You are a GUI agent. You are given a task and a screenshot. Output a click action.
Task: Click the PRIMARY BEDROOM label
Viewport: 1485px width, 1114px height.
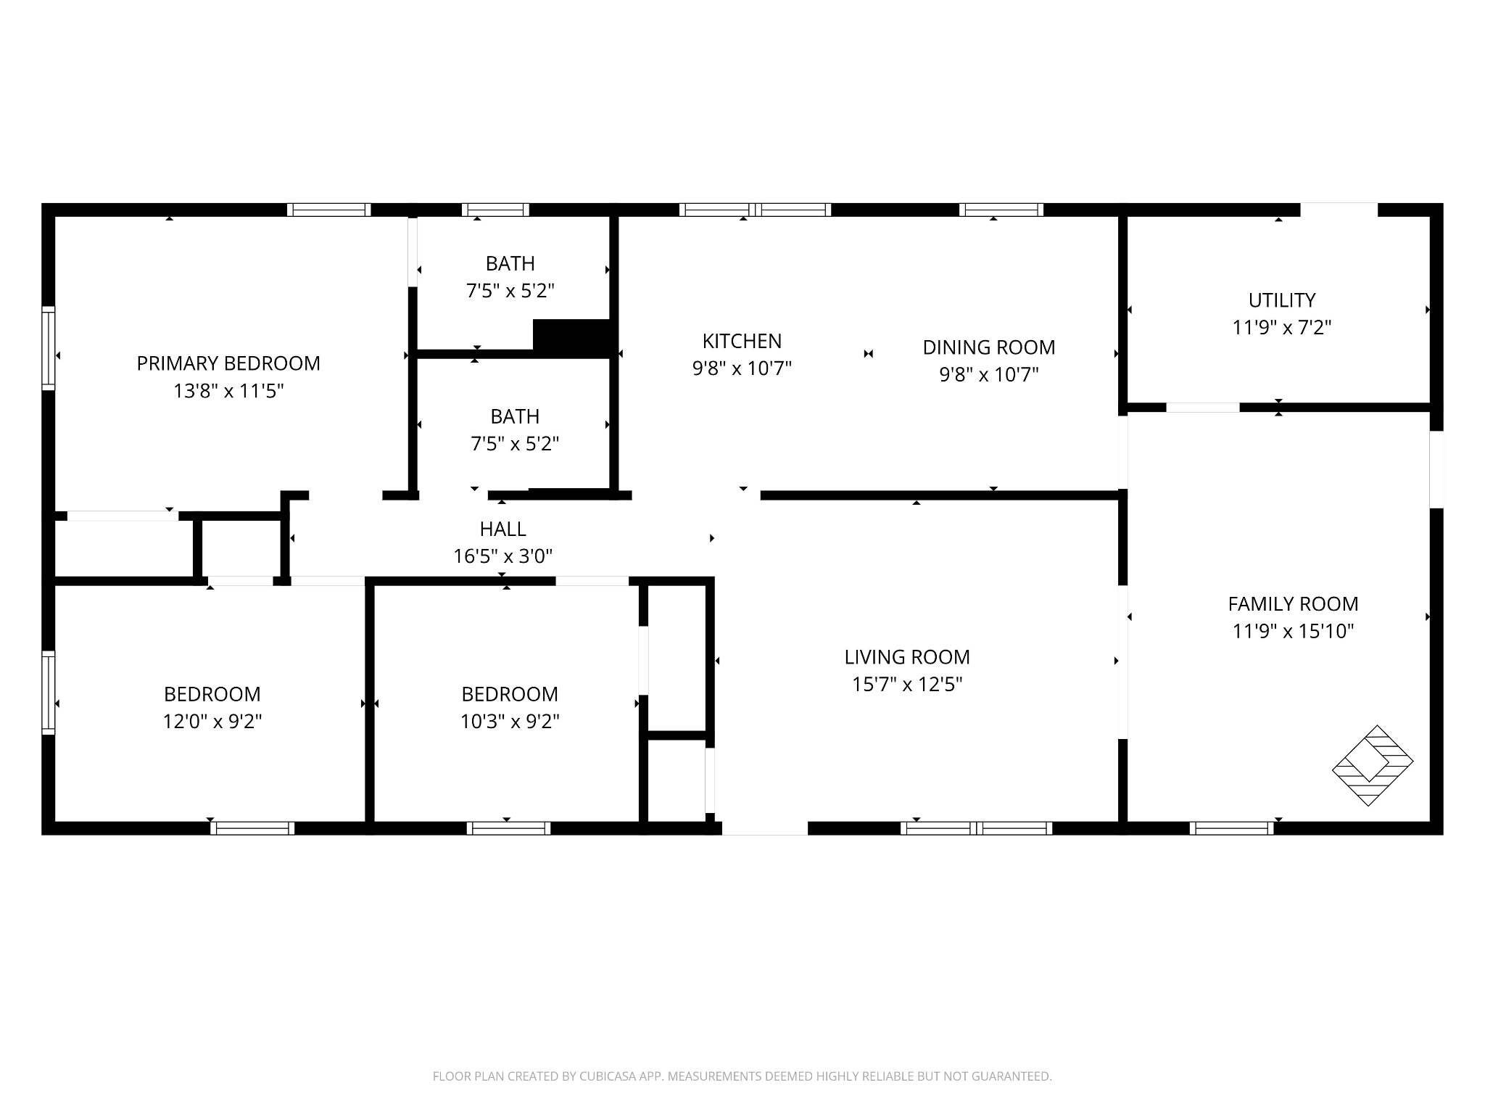coord(228,363)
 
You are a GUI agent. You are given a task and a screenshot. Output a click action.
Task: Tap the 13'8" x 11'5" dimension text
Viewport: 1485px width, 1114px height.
coord(228,392)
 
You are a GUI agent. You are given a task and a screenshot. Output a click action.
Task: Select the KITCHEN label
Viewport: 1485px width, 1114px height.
coord(742,341)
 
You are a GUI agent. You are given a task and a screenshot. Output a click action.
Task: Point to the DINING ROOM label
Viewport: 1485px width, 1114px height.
coord(988,347)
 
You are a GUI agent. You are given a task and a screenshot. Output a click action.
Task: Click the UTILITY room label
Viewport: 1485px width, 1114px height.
coord(1281,300)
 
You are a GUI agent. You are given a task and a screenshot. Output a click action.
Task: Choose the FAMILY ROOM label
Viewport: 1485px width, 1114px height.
coord(1293,604)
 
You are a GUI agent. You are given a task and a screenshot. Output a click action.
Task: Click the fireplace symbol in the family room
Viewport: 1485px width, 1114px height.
coord(1372,765)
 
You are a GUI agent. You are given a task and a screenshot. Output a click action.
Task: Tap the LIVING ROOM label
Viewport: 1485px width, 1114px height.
coord(906,657)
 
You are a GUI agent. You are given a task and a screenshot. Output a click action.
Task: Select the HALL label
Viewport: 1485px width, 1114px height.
coord(502,529)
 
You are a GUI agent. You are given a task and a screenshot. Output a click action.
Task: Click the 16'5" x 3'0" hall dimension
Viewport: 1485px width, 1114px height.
coord(502,557)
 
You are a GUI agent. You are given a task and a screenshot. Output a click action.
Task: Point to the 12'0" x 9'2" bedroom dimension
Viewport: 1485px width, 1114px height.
coord(212,722)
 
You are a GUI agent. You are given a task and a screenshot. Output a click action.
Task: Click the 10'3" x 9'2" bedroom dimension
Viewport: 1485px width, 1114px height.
coord(510,722)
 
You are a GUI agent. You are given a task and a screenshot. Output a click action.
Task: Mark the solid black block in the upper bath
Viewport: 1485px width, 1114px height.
coord(572,337)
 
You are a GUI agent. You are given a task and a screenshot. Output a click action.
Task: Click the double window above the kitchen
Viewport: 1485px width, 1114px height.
coord(755,210)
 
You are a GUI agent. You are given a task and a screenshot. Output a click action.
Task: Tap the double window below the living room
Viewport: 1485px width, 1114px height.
coord(976,828)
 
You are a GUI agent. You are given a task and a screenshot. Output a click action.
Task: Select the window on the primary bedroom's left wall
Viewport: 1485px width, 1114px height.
coord(49,348)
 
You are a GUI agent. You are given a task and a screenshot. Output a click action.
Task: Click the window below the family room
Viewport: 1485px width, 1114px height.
coord(1231,828)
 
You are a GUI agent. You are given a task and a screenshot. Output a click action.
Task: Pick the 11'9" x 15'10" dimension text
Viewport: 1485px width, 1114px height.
coord(1293,632)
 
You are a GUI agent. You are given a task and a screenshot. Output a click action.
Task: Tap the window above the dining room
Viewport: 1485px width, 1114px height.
coord(1001,210)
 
